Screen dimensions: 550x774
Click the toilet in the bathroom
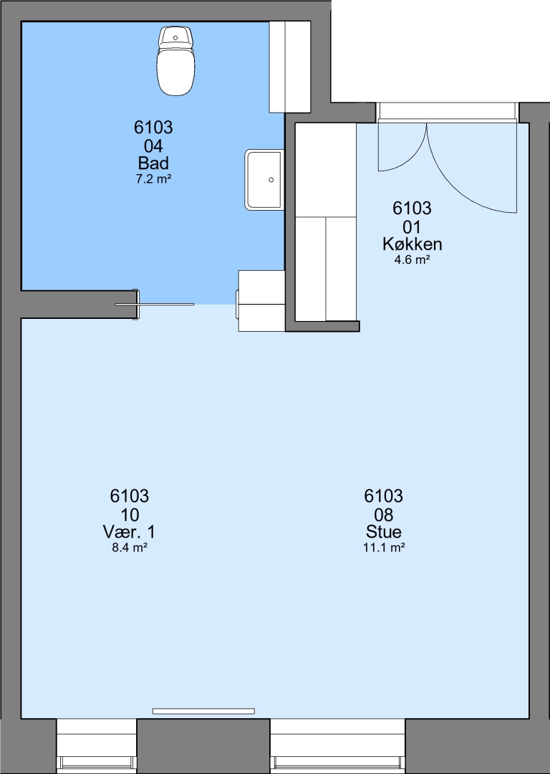[175, 61]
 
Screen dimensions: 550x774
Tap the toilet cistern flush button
[175, 37]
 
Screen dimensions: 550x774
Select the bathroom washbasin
[264, 180]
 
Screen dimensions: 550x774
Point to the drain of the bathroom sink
[271, 180]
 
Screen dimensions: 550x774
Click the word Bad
[153, 163]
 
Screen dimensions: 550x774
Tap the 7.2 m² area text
[153, 178]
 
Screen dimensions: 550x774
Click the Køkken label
[412, 244]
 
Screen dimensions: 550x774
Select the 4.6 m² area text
[412, 259]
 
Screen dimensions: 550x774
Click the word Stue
[383, 532]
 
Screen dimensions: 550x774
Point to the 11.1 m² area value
[384, 548]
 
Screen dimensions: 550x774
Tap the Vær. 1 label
[129, 532]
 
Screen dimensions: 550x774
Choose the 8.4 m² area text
[129, 548]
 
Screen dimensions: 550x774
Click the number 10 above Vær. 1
[129, 515]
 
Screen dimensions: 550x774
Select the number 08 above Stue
[383, 515]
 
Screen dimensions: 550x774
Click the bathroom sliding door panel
[155, 305]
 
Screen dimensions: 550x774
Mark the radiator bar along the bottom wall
[203, 712]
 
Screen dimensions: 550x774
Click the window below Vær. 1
[96, 746]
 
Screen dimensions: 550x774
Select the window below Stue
[337, 746]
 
